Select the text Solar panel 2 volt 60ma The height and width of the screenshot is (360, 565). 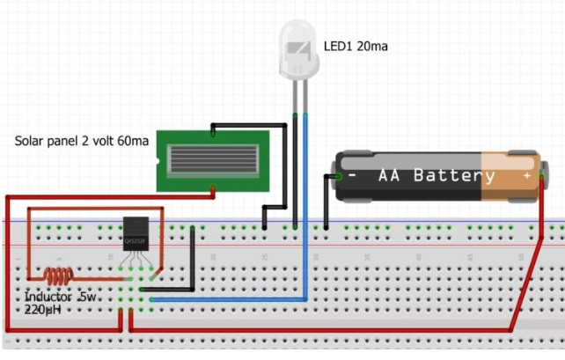[82, 141]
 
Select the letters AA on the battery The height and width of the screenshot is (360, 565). [391, 175]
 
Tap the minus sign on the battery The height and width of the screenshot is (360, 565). [352, 175]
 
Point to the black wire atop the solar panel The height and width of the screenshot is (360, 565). [255, 125]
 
